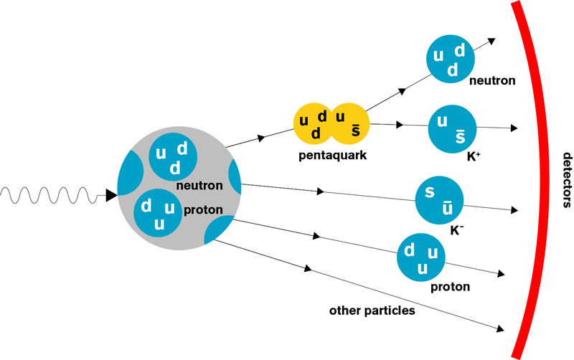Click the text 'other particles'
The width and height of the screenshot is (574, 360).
click(x=372, y=311)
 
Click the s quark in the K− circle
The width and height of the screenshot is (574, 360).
click(x=428, y=192)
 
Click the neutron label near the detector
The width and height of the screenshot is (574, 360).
click(x=491, y=80)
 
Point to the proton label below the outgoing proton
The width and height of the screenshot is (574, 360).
click(x=450, y=287)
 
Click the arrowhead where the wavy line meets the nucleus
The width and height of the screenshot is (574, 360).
click(x=111, y=194)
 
